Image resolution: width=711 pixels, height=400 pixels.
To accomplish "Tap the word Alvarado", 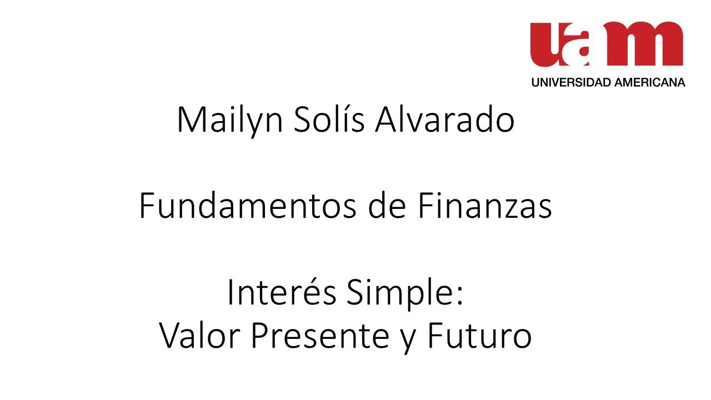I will (x=444, y=120).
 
